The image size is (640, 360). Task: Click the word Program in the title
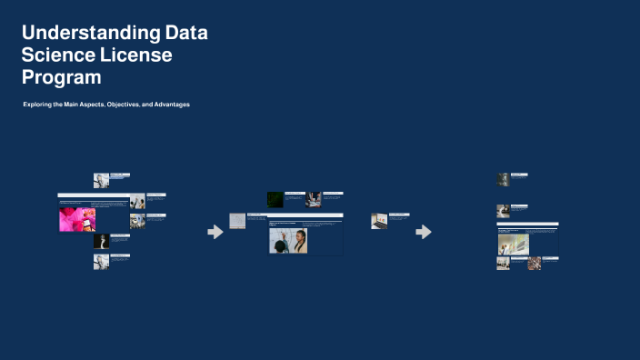pyautogui.click(x=61, y=77)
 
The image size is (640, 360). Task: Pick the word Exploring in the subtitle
pyautogui.click(x=38, y=105)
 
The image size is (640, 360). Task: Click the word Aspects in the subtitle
pyautogui.click(x=90, y=105)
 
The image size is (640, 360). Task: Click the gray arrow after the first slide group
pyautogui.click(x=215, y=232)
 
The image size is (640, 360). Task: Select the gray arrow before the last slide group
pyautogui.click(x=424, y=232)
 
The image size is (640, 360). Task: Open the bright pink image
pyautogui.click(x=77, y=218)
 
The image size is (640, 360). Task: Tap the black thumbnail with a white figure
pyautogui.click(x=101, y=241)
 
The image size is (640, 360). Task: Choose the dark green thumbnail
pyautogui.click(x=275, y=198)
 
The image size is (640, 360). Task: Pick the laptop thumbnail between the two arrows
pyautogui.click(x=379, y=221)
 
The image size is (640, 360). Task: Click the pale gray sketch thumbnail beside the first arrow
pyautogui.click(x=237, y=221)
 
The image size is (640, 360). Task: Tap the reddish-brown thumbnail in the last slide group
pyautogui.click(x=535, y=264)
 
